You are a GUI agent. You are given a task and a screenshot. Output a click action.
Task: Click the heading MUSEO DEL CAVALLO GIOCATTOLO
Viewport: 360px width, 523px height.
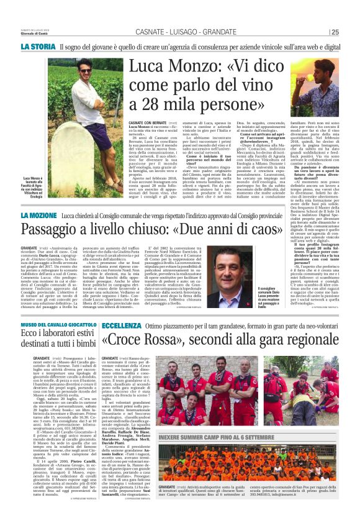coord(66,325)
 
